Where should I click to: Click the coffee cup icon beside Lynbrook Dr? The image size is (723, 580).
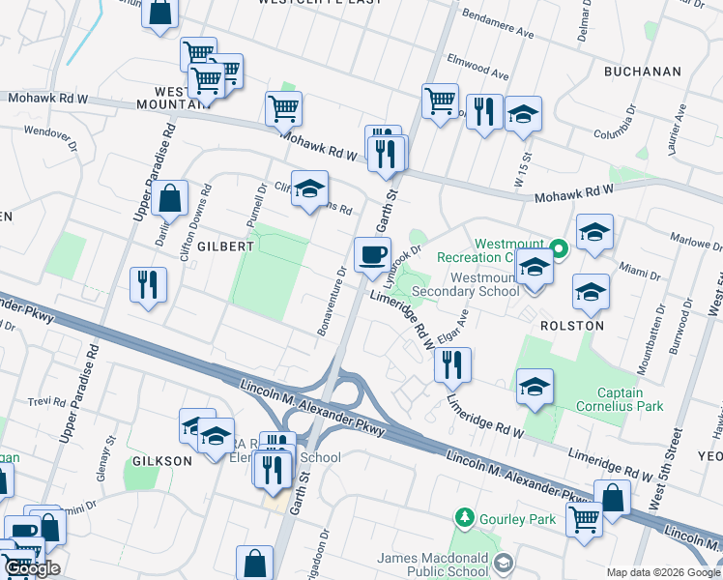(x=372, y=256)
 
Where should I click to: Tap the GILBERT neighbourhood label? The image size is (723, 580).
(x=225, y=246)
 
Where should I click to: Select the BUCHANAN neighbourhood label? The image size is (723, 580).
(x=642, y=72)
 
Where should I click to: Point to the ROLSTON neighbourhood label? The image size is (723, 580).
(x=572, y=326)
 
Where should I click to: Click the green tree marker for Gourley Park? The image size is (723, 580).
(x=466, y=519)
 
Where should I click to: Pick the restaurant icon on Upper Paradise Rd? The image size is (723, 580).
(x=148, y=284)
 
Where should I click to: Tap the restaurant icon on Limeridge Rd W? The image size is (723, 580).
(x=451, y=364)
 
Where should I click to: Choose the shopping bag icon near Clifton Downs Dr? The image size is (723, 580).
(x=169, y=198)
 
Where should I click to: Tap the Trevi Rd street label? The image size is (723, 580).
(x=45, y=400)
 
